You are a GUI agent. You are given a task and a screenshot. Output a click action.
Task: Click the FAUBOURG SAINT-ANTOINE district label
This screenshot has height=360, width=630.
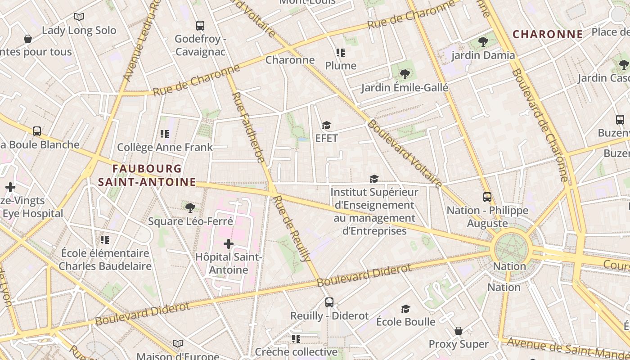point(147,175)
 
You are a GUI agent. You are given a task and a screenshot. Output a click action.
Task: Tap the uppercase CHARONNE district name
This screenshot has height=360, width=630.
point(548,34)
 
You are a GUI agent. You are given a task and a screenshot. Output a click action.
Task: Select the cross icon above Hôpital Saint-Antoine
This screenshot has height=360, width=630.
point(229,244)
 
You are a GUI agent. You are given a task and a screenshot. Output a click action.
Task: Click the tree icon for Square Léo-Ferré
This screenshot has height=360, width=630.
point(190,207)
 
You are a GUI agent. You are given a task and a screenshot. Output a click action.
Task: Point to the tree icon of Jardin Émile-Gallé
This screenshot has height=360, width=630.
point(405,74)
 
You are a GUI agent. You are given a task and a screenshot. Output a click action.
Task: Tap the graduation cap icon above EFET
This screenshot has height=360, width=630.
point(326,125)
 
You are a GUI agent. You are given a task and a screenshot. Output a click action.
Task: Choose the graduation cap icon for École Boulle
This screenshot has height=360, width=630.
point(405,309)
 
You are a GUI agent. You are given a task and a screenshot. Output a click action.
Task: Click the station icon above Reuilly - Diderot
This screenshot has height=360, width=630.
point(329,302)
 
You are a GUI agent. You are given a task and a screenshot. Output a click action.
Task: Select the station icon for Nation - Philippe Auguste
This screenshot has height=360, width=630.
point(487,197)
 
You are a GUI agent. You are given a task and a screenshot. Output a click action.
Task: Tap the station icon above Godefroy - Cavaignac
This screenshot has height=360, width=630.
point(200,26)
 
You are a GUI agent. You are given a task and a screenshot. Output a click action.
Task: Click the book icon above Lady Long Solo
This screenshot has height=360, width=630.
point(79,17)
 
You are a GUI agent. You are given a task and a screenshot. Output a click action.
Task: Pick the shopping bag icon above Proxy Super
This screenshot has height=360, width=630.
point(458,331)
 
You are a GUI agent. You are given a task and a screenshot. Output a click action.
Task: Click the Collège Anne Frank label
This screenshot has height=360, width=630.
point(165,147)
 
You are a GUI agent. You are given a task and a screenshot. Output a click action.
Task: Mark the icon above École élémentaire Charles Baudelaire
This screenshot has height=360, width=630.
point(105,239)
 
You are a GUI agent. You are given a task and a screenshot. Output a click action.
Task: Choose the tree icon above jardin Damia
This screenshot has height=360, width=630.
point(483,42)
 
